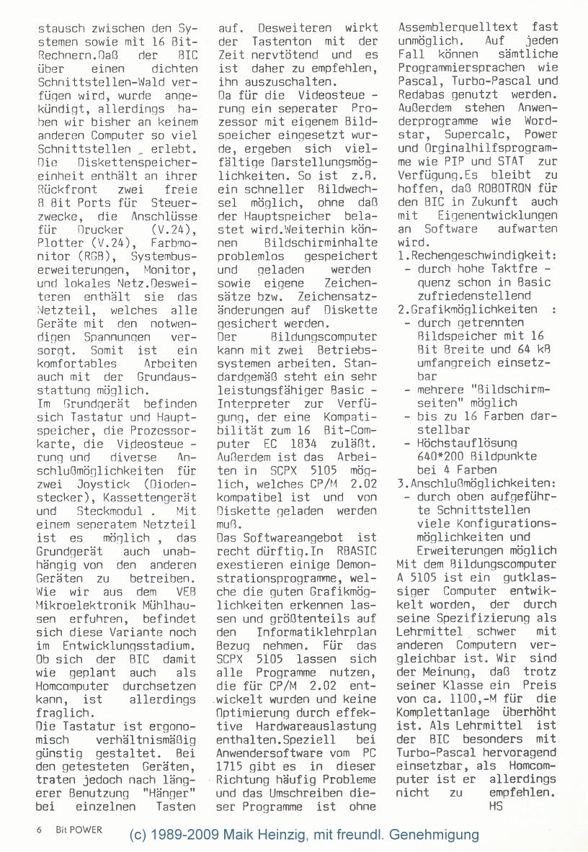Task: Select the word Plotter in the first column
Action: point(59,243)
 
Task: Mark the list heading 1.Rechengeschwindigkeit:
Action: point(477,256)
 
